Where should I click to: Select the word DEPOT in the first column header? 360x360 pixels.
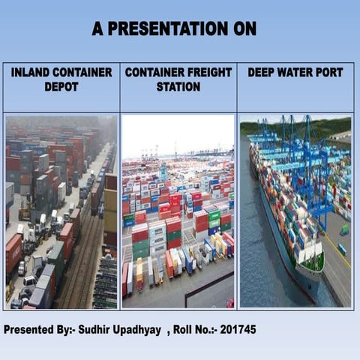(61, 87)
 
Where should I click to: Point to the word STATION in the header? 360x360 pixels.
(178, 87)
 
